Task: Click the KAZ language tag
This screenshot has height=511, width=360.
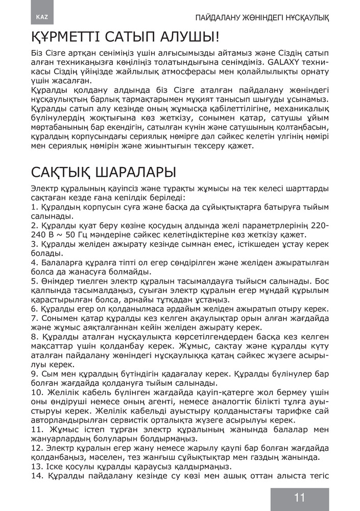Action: pos(42,17)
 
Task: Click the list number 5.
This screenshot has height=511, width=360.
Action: pos(34,281)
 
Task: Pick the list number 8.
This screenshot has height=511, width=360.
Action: pos(34,336)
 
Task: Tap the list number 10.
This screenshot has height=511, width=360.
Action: pos(36,392)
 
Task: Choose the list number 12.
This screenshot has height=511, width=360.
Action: pos(36,448)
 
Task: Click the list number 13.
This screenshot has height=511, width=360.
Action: pos(36,467)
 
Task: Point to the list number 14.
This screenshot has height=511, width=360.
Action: pos(36,476)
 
